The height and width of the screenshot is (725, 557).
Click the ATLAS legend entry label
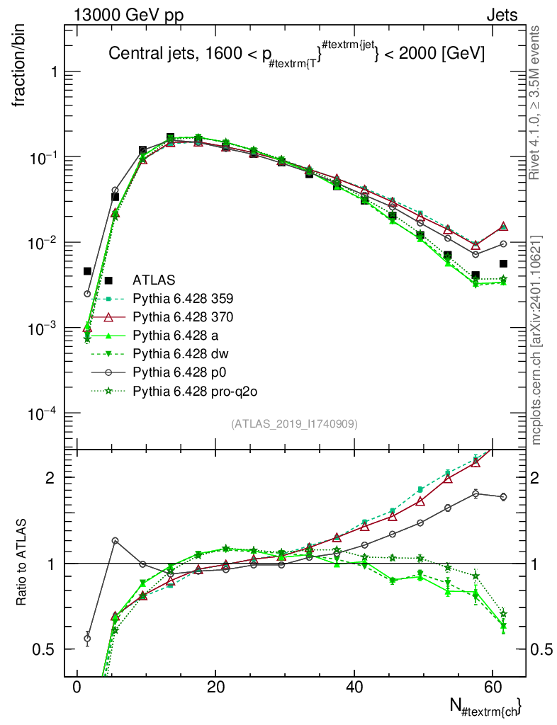[154, 280]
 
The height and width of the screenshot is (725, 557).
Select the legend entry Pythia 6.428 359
[183, 299]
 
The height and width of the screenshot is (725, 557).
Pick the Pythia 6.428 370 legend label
[183, 317]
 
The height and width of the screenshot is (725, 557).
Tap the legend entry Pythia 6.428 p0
[179, 372]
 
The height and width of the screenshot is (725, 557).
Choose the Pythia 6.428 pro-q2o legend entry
[195, 392]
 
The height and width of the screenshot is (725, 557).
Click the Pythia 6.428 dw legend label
[181, 354]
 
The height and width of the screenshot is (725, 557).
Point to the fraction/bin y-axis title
[19, 66]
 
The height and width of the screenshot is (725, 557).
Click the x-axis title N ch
[485, 707]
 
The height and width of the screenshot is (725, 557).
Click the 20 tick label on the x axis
[215, 687]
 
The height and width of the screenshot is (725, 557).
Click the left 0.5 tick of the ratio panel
[43, 649]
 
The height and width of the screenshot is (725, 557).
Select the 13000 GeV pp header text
[128, 16]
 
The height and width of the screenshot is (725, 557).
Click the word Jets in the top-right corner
[502, 16]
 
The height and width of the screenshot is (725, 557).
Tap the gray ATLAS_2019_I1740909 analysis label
[294, 424]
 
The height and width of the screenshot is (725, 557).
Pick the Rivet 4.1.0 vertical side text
[534, 103]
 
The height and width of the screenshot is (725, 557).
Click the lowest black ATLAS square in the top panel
[475, 275]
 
